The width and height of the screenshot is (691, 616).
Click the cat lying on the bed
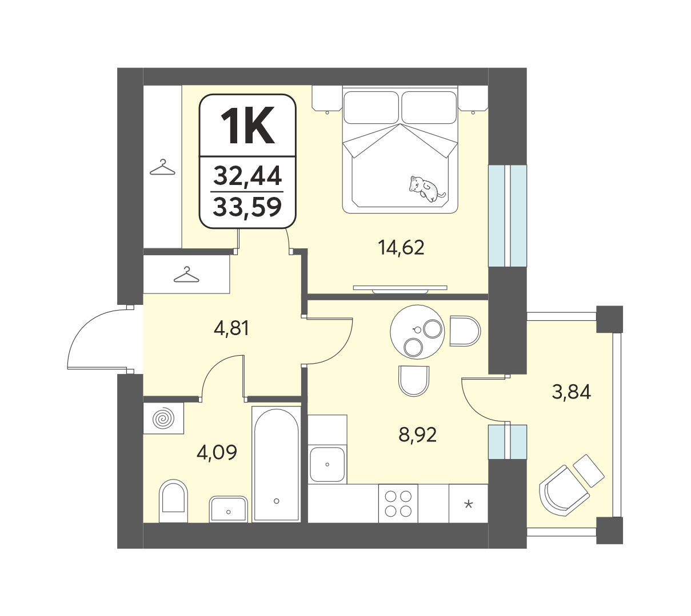click(427, 189)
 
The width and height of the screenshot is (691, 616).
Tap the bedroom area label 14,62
click(401, 248)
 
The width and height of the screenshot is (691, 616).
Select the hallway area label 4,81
click(231, 329)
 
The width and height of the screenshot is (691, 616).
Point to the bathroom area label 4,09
click(217, 453)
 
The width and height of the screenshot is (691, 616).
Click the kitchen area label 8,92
click(417, 435)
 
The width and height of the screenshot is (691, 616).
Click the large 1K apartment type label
click(247, 126)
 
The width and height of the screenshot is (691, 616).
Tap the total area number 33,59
click(247, 207)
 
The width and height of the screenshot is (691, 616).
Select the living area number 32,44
click(247, 176)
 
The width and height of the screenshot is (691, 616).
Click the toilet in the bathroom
click(173, 501)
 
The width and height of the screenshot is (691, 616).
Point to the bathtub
click(276, 464)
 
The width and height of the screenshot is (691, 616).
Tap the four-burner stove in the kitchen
click(398, 503)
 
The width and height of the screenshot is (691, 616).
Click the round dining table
click(417, 332)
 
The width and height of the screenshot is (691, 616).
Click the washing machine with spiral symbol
click(163, 418)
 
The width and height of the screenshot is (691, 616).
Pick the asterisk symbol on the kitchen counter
click(469, 504)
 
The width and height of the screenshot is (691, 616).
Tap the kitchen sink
click(327, 464)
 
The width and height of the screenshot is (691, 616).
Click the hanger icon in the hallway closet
click(186, 275)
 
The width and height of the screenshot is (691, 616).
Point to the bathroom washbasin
click(228, 509)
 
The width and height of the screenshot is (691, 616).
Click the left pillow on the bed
click(372, 107)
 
